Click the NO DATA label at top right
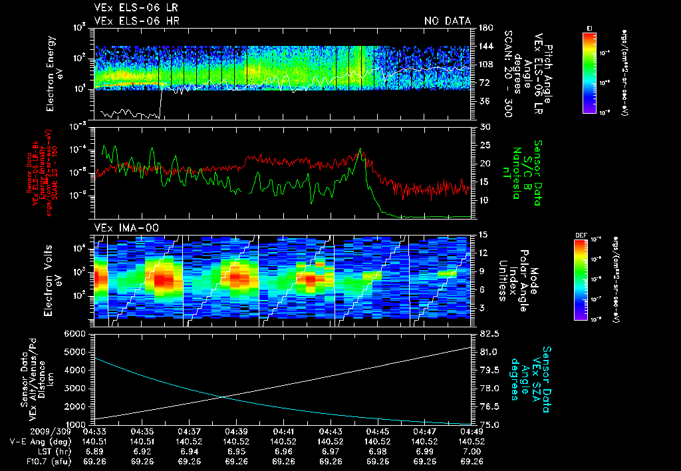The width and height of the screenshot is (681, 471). pyautogui.click(x=447, y=21)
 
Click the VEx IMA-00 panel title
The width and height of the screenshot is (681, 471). pyautogui.click(x=121, y=228)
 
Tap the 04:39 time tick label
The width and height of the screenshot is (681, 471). pyautogui.click(x=237, y=431)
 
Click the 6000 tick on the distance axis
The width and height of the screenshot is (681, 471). pyautogui.click(x=79, y=333)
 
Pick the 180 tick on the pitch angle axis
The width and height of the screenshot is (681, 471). pyautogui.click(x=485, y=28)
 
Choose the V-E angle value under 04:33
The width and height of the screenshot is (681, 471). pyautogui.click(x=96, y=441)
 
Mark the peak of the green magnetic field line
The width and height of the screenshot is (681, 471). pyautogui.click(x=360, y=149)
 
